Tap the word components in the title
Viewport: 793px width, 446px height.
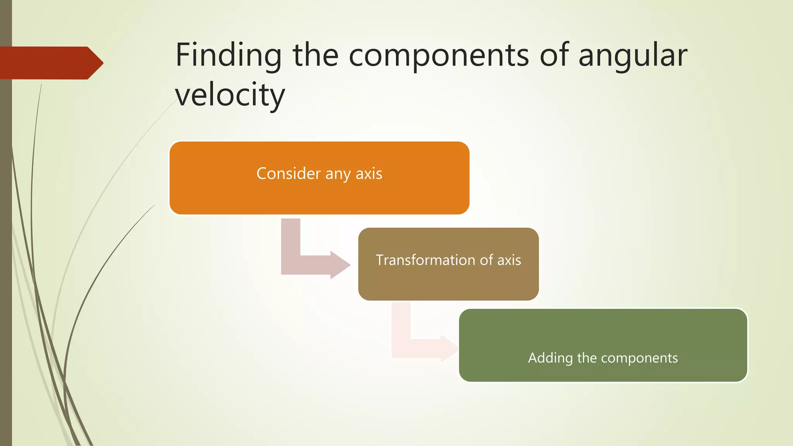click(x=439, y=55)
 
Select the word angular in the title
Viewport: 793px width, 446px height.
click(x=633, y=55)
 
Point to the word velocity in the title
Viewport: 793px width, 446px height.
click(x=230, y=95)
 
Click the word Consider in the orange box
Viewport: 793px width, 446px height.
click(x=288, y=173)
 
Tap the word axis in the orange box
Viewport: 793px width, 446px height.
click(x=369, y=173)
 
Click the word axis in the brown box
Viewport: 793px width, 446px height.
click(x=509, y=260)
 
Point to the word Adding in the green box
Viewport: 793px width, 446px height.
click(x=550, y=358)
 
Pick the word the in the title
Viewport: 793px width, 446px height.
click(x=315, y=55)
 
